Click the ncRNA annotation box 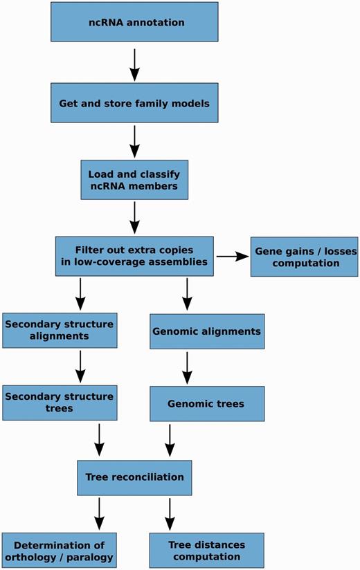point(134,22)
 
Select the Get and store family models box point(134,104)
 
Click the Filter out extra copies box point(134,257)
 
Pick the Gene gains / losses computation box point(304,257)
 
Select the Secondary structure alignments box point(59,330)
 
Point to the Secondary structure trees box point(59,403)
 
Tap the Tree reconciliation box point(134,477)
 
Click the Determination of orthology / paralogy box point(59,551)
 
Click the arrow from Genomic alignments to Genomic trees point(187,367)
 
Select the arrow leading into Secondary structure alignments point(81,294)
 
